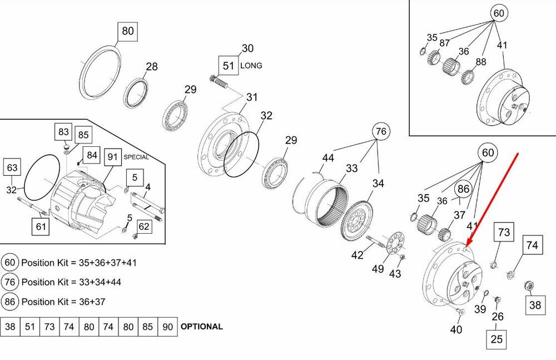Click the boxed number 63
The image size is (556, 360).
point(12,167)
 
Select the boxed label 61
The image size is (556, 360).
point(41,226)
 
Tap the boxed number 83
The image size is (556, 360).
point(63,132)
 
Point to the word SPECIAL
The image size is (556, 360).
point(136,157)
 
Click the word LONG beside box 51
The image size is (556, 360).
point(251,66)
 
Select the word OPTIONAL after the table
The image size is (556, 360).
point(202,327)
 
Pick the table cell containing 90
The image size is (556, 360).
point(167,327)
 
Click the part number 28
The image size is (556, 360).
point(152,67)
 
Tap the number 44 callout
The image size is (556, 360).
point(328,159)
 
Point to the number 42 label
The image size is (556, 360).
point(357,255)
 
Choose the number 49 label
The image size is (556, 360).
point(378,269)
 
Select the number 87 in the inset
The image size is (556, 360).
point(444,43)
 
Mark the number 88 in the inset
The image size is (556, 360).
point(481,62)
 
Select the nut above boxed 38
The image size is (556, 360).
point(529,286)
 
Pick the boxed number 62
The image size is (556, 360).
point(144,226)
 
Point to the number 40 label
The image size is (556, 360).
point(456,330)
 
